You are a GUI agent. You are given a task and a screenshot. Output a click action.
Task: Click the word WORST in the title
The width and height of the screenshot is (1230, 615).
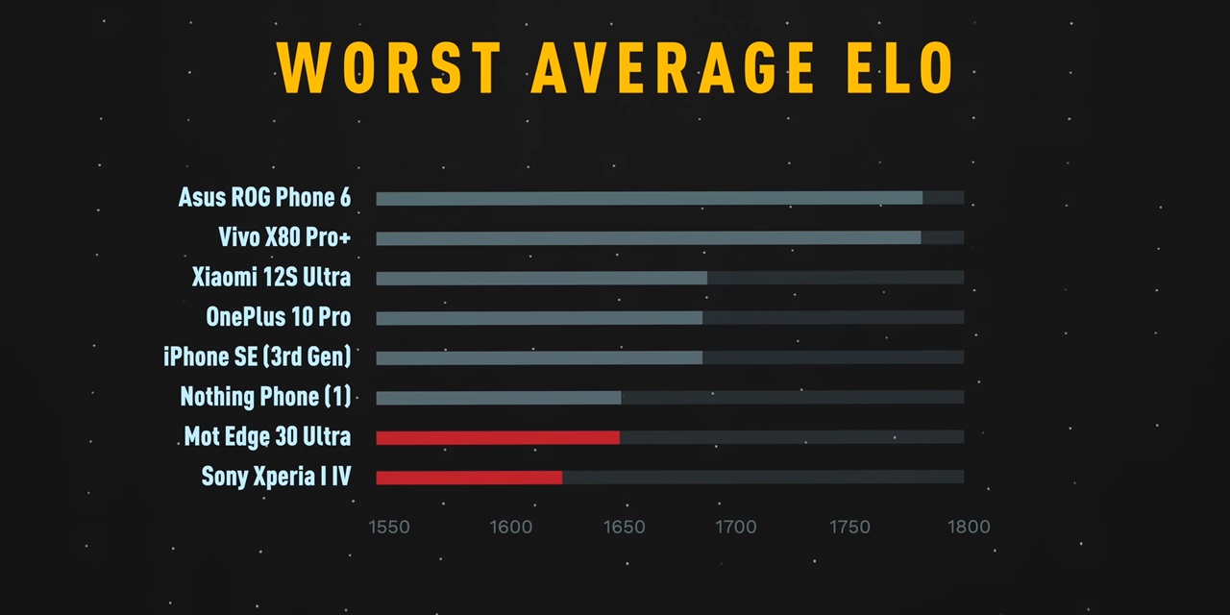tap(388, 67)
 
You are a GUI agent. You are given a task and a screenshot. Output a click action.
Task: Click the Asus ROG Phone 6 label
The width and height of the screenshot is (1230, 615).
tap(264, 198)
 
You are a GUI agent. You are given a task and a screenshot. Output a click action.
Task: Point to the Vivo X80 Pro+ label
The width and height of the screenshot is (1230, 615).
tap(284, 237)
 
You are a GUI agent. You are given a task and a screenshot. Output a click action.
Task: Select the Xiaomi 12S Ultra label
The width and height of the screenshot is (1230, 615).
tap(271, 278)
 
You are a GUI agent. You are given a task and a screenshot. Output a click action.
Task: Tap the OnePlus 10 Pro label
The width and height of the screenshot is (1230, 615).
tap(278, 317)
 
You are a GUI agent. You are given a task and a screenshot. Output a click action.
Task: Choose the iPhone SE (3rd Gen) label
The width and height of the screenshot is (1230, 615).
tap(257, 357)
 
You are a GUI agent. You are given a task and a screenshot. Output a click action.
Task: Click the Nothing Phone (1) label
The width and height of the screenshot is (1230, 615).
tap(265, 397)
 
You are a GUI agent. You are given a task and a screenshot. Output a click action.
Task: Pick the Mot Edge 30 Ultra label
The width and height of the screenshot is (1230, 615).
tap(267, 437)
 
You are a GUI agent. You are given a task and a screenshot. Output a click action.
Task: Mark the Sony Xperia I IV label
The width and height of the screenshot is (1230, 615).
tap(276, 477)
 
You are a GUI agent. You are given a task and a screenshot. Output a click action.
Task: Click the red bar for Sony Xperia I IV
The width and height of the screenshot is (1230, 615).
tap(469, 478)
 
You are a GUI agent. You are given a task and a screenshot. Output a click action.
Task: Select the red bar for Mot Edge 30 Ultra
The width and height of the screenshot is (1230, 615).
tap(498, 437)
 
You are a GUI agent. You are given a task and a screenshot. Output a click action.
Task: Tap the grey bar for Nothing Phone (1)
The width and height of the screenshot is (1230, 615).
tap(499, 398)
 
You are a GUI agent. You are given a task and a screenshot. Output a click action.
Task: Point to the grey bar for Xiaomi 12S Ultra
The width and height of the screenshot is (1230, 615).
tap(541, 278)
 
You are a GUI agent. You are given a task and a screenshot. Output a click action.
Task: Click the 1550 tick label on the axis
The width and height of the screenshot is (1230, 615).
tap(389, 528)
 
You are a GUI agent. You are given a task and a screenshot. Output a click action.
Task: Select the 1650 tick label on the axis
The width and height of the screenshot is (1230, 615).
tap(625, 528)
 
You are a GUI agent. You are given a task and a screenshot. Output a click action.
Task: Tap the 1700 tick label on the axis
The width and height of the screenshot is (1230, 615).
tap(736, 528)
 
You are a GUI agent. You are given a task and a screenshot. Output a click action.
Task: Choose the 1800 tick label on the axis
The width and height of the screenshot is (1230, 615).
tap(969, 528)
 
